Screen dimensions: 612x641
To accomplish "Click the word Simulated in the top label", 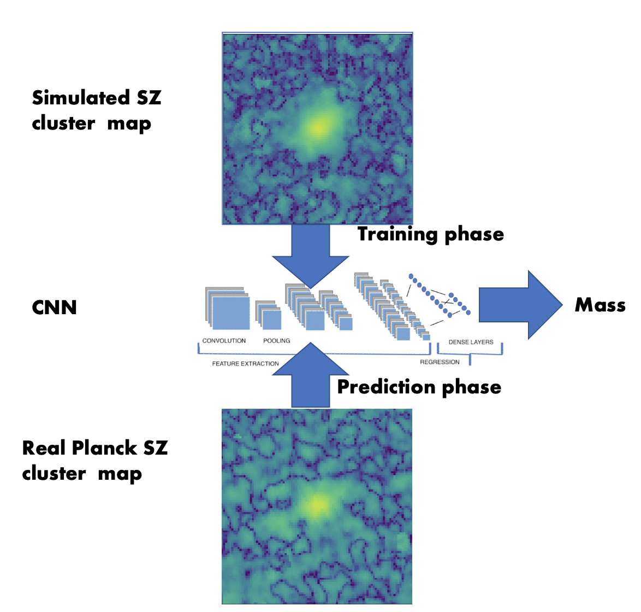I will (x=74, y=98).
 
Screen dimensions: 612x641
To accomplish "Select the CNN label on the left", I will (x=54, y=308).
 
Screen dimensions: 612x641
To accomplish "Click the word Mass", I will (x=600, y=305).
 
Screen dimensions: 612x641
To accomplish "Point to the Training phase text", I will (x=430, y=234).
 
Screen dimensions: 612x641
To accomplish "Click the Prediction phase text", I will (x=419, y=387).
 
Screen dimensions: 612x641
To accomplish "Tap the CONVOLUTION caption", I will (x=224, y=341).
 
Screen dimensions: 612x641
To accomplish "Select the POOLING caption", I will (x=277, y=341).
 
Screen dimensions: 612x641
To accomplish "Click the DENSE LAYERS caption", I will (x=471, y=342).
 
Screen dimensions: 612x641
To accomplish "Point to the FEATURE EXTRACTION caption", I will (x=245, y=363).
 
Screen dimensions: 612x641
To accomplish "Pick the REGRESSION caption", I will (x=440, y=362).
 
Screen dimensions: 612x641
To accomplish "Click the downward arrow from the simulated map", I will (x=311, y=254).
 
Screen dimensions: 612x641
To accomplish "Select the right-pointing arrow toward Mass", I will (x=519, y=305).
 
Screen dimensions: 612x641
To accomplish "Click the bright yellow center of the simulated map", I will (x=318, y=127).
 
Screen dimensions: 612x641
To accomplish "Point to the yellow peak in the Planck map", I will (x=316, y=504).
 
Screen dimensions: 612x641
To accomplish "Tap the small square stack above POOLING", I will (x=270, y=317).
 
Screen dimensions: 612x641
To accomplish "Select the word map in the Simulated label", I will (x=129, y=124).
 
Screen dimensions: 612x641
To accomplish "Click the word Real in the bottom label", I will (x=44, y=448).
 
